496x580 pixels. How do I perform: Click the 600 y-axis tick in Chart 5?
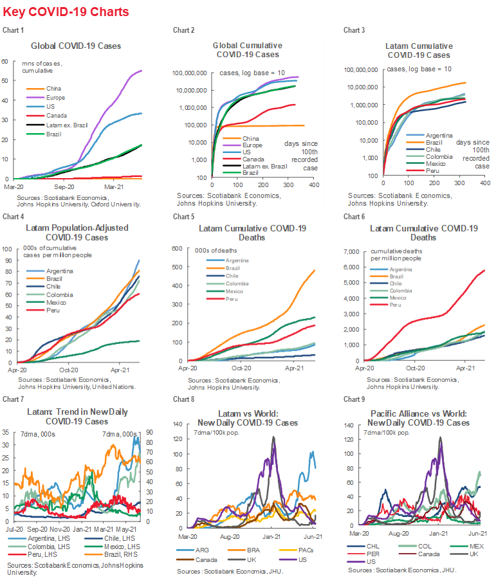tap(178, 248)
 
